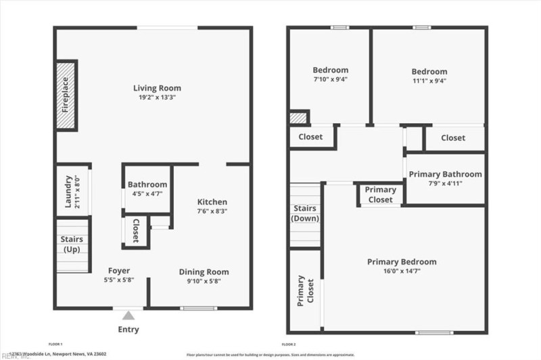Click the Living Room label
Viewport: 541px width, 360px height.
point(157,88)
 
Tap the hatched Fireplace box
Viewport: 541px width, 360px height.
point(66,95)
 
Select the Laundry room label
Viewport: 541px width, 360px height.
point(68,192)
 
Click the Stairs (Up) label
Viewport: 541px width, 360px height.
point(72,244)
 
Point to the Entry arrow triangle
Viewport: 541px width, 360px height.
point(128,315)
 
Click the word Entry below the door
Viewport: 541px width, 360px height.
point(128,330)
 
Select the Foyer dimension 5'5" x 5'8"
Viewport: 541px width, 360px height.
point(119,280)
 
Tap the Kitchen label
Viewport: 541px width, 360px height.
point(212,202)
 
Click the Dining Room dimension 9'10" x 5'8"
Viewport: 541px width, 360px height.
point(200,281)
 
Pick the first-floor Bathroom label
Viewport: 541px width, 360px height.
point(147,184)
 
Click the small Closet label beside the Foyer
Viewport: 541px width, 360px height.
point(136,231)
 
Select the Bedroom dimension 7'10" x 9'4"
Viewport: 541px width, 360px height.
point(331,79)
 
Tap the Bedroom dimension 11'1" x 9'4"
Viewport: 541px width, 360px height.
point(429,81)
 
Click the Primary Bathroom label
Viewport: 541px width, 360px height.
point(445,174)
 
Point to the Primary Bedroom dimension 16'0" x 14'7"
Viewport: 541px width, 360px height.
point(402,271)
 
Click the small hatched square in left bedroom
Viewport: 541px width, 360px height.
point(298,118)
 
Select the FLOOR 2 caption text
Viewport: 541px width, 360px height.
point(289,344)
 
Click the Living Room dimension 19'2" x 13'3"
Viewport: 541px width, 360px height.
point(157,97)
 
